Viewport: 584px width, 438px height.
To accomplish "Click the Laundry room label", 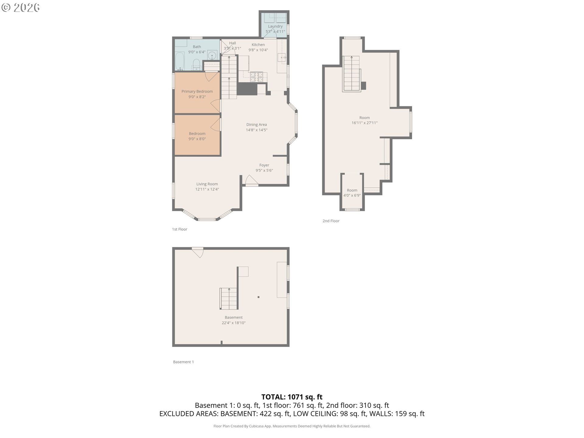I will point(275,26).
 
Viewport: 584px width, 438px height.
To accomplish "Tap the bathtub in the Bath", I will point(180,61).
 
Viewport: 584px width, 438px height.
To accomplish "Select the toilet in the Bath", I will point(196,64).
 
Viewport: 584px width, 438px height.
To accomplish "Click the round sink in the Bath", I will point(212,56).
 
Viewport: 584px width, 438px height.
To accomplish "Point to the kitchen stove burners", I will point(256,77).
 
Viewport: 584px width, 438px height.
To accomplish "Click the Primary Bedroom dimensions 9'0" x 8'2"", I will point(197,97).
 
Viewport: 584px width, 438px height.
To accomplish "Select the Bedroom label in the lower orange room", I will point(197,134).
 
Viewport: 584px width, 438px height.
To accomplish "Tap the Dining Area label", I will point(256,124).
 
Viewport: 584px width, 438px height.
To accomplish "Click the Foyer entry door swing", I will point(252,180).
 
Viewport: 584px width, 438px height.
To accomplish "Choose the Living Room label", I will point(207,184).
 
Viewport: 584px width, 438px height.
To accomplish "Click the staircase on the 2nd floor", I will point(351,74).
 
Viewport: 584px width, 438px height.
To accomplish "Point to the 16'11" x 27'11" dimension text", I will point(364,123).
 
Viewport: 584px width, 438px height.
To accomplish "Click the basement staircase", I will point(228,298).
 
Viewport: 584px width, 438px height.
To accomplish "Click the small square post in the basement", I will point(259,297).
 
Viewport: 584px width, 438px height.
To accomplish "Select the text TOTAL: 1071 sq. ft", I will point(292,397).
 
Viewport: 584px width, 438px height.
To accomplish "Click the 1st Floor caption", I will point(179,229).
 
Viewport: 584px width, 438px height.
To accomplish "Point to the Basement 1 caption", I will point(183,362).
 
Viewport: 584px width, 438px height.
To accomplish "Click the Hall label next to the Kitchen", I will point(232,43).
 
